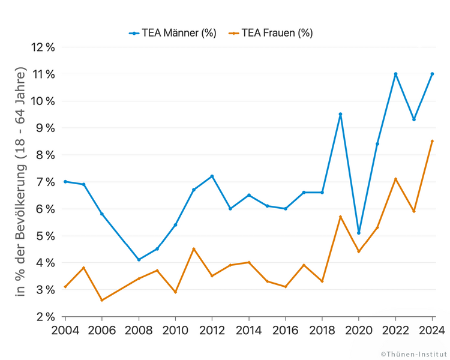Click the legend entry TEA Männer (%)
point(172,33)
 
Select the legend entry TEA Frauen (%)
point(271,33)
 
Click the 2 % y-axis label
point(45,317)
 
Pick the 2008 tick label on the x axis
point(139,329)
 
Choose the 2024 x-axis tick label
point(432,329)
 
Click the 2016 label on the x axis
point(286,329)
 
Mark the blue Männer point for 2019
point(340,114)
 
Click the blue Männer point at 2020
point(359,233)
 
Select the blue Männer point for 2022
point(395,74)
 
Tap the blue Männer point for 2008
point(139,260)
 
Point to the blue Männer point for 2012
point(212,176)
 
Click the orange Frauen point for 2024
point(432,141)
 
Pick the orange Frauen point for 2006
point(102,300)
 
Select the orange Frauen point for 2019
point(340,217)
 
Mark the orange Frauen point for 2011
point(194,249)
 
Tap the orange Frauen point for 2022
point(395,179)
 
